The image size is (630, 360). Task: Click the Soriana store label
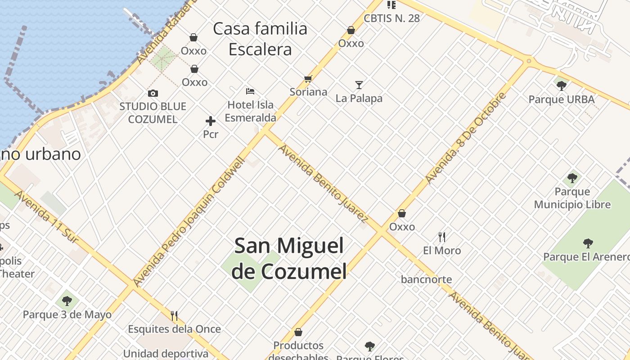click(308, 92)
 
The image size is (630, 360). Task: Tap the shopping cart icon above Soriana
click(308, 79)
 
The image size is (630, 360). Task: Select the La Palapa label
click(359, 98)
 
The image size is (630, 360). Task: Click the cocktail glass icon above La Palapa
click(359, 85)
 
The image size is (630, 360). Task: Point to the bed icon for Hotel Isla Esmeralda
click(250, 91)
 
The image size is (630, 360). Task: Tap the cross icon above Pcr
click(210, 121)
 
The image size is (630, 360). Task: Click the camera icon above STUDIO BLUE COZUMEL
click(153, 94)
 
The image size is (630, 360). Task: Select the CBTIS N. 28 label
click(391, 18)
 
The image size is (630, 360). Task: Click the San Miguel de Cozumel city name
click(289, 258)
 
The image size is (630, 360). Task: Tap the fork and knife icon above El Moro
click(442, 237)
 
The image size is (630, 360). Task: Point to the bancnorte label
click(426, 279)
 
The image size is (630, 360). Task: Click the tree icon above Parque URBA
click(561, 85)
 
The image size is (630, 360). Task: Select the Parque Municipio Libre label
click(572, 198)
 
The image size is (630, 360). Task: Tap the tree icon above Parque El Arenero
click(588, 243)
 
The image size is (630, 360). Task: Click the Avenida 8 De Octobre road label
click(466, 138)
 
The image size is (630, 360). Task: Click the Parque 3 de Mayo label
click(67, 315)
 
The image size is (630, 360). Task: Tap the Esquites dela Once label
click(174, 329)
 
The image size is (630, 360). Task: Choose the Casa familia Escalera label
click(260, 39)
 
